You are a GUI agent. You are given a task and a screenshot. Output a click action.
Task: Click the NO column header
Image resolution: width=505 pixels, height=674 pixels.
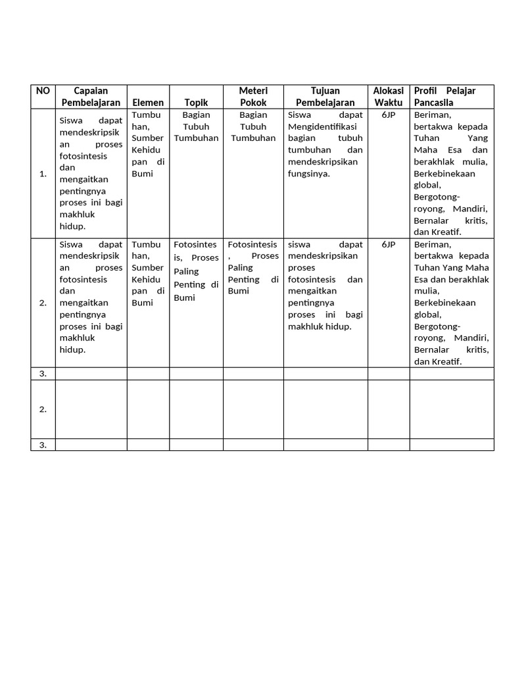pyautogui.click(x=43, y=91)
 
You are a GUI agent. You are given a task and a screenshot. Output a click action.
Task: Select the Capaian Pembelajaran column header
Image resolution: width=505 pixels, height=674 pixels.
pyautogui.click(x=91, y=96)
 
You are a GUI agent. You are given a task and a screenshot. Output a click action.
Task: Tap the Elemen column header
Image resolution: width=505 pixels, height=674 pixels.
pyautogui.click(x=148, y=103)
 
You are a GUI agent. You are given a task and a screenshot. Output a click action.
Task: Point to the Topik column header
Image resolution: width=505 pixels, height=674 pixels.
pyautogui.click(x=196, y=103)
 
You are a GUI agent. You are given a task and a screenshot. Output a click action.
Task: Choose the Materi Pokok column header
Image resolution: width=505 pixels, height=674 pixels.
pyautogui.click(x=253, y=96)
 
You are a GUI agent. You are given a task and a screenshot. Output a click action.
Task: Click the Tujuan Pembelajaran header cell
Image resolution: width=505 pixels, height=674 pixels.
pyautogui.click(x=325, y=96)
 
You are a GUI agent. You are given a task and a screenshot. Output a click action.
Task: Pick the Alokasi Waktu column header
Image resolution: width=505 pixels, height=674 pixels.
pyautogui.click(x=388, y=96)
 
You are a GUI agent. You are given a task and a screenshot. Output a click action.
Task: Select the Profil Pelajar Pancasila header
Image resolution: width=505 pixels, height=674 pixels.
pyautogui.click(x=445, y=96)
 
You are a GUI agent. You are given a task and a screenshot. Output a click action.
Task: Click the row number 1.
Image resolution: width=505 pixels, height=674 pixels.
pyautogui.click(x=43, y=174)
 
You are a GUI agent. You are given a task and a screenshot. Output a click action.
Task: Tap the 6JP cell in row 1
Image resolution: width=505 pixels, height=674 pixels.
pyautogui.click(x=388, y=115)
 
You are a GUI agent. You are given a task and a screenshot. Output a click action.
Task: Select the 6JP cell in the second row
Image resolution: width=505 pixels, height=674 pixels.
pyautogui.click(x=388, y=244)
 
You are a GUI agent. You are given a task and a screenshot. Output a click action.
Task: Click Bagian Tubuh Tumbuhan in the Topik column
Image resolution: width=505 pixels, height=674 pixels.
pyautogui.click(x=196, y=126)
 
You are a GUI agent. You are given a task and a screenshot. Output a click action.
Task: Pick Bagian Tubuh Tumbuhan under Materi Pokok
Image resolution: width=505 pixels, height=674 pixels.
pyautogui.click(x=253, y=126)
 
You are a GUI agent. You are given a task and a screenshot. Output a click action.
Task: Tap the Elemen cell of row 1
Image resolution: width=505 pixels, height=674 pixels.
pyautogui.click(x=148, y=144)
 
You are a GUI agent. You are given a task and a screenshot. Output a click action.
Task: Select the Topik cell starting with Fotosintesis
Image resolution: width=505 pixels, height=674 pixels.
pyautogui.click(x=196, y=271)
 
